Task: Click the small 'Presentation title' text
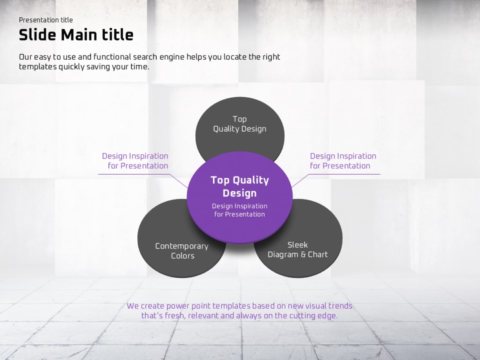46,20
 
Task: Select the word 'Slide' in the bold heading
37,35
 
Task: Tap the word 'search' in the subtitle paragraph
145,57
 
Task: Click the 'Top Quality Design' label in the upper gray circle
239,124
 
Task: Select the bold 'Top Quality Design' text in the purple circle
239,186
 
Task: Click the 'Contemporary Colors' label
182,251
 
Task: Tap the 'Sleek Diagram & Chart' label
297,250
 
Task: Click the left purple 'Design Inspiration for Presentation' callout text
135,161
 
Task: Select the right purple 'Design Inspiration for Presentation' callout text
343,161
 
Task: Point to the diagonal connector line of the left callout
179,181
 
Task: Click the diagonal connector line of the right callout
300,181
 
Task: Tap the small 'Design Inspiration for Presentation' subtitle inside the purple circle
239,210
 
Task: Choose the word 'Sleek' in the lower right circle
297,245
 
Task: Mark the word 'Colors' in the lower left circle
183,256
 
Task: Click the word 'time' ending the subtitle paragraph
139,66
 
